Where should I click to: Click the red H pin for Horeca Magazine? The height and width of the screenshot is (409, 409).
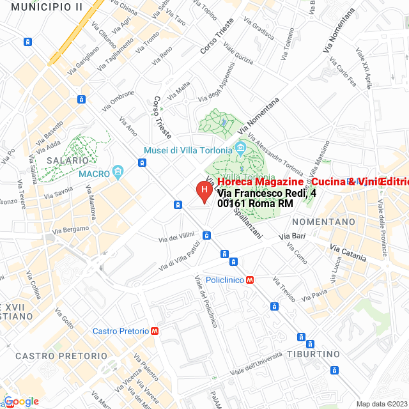pos(203,190)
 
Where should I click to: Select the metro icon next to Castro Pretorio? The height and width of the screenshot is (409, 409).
pos(155,331)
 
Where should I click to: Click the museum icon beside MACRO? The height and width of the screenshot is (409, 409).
pos(118,172)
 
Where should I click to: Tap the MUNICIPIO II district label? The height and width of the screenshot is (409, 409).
pos(47,6)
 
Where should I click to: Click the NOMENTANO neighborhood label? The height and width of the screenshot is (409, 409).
pos(323,222)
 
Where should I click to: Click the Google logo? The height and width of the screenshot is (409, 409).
pos(22,401)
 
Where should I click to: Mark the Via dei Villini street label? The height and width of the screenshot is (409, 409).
pos(176,237)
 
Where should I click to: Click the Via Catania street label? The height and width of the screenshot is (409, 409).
pos(349,252)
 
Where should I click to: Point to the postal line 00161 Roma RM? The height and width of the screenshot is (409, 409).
pos(255,204)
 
